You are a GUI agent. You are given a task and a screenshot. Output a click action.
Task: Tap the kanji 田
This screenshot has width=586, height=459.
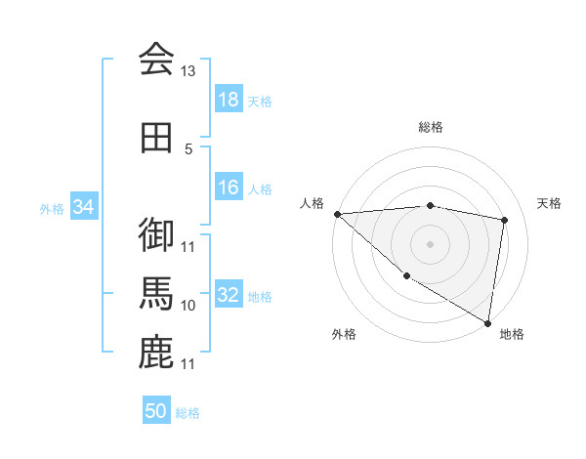tap(156, 137)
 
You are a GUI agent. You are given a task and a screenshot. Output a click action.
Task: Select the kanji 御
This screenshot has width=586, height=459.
tap(156, 234)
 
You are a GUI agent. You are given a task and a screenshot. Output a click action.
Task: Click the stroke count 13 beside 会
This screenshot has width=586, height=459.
tap(188, 71)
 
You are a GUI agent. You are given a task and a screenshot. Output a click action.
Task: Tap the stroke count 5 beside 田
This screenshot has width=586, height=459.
tap(188, 149)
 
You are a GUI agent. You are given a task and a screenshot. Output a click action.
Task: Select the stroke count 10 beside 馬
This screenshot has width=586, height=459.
tap(188, 306)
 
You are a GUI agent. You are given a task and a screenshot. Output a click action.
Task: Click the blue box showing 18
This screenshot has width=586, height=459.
tap(228, 100)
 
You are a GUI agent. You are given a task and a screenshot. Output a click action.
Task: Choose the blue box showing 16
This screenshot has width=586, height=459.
tap(228, 188)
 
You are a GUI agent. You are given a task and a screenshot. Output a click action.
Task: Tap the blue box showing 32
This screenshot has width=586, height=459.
tap(228, 295)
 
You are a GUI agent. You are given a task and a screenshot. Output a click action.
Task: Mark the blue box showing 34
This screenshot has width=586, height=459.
tap(83, 207)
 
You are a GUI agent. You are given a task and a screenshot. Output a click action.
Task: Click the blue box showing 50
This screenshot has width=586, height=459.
tap(156, 411)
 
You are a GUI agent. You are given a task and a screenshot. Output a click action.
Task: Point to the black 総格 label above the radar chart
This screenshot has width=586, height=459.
tap(430, 127)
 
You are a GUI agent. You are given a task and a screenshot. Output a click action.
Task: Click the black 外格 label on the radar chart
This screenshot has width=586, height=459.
tap(344, 334)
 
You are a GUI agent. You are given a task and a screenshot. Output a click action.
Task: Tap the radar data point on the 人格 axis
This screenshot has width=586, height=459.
tap(337, 214)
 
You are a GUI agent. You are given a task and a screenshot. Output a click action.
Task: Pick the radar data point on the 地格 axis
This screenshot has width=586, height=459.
tap(488, 322)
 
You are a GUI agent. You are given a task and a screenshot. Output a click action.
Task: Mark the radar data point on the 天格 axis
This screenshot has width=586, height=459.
tap(505, 220)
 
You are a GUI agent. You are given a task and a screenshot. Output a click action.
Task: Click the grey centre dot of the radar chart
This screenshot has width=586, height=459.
tap(430, 243)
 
